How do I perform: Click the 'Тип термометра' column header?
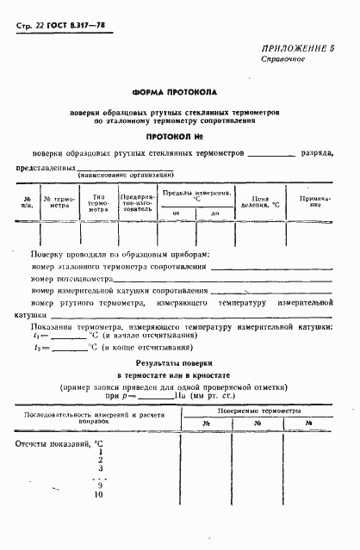tap(98, 201)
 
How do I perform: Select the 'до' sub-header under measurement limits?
tap(214, 213)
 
